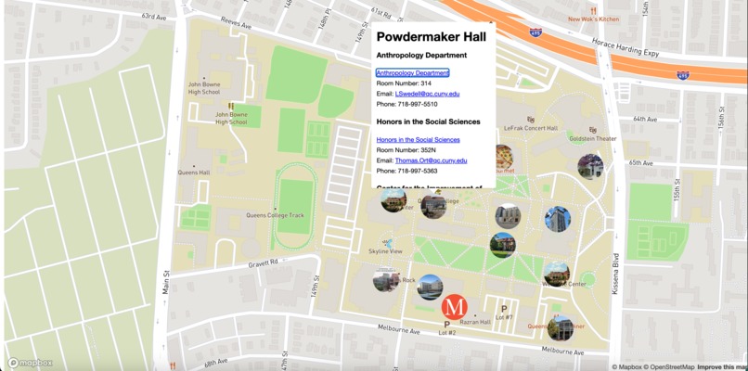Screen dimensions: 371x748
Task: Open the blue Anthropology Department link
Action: click(412, 72)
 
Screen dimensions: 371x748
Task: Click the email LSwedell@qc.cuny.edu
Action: click(428, 94)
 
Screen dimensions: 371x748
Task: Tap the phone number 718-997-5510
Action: click(406, 104)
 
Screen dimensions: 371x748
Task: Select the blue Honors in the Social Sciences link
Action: click(418, 139)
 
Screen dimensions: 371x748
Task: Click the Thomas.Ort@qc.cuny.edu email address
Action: click(432, 160)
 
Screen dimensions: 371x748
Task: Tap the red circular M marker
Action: click(454, 306)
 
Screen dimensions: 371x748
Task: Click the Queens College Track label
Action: click(275, 215)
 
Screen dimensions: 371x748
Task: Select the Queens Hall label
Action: click(194, 173)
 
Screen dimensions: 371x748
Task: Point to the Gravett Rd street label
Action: click(264, 262)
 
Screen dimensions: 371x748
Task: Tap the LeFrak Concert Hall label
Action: click(531, 128)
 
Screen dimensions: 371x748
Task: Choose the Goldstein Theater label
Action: click(592, 138)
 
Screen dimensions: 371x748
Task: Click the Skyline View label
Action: click(385, 251)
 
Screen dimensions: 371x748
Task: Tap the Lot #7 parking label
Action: click(503, 317)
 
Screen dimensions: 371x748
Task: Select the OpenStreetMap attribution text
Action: click(669, 366)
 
